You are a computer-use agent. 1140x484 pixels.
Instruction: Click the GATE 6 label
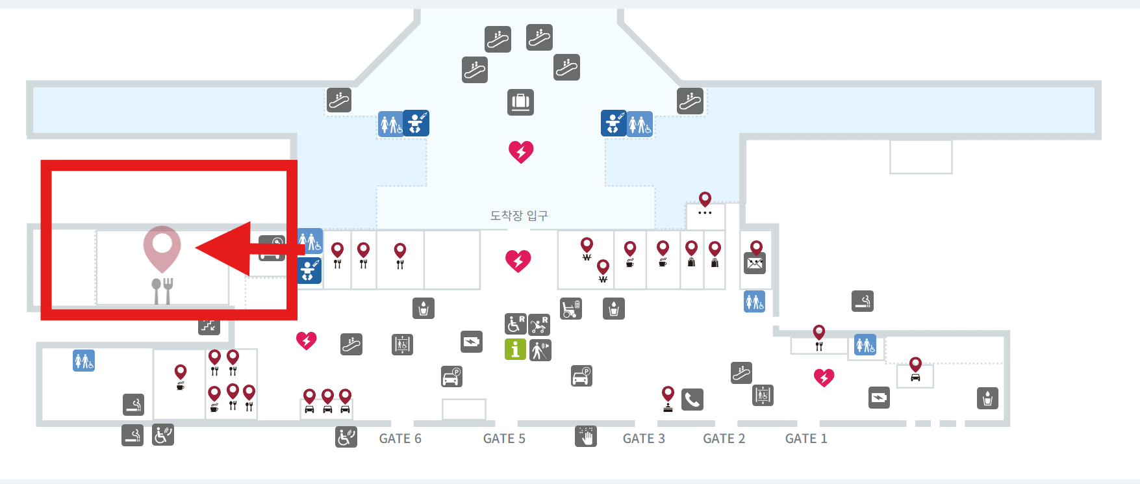tap(400, 439)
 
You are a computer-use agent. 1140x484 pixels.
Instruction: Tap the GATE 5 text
tap(504, 439)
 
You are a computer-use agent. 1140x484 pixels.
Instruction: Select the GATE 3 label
tap(644, 439)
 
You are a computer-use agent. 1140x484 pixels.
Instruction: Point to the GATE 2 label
tap(724, 439)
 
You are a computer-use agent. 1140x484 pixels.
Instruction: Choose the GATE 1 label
tap(806, 439)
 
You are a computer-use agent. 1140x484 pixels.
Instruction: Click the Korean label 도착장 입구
tap(519, 215)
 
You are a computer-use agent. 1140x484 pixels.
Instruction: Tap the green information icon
tap(515, 350)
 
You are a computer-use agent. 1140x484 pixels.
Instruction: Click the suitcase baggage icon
tap(520, 102)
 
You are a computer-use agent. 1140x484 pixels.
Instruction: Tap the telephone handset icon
tap(692, 399)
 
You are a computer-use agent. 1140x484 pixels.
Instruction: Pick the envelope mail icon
tap(755, 263)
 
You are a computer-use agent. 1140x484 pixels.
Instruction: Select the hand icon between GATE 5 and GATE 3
tap(585, 436)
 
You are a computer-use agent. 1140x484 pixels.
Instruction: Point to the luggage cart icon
tap(571, 309)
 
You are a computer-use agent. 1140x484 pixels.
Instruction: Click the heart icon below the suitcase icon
tap(521, 151)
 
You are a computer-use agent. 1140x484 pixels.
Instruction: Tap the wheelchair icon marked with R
tap(515, 324)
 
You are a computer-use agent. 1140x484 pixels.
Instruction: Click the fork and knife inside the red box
tap(162, 290)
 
